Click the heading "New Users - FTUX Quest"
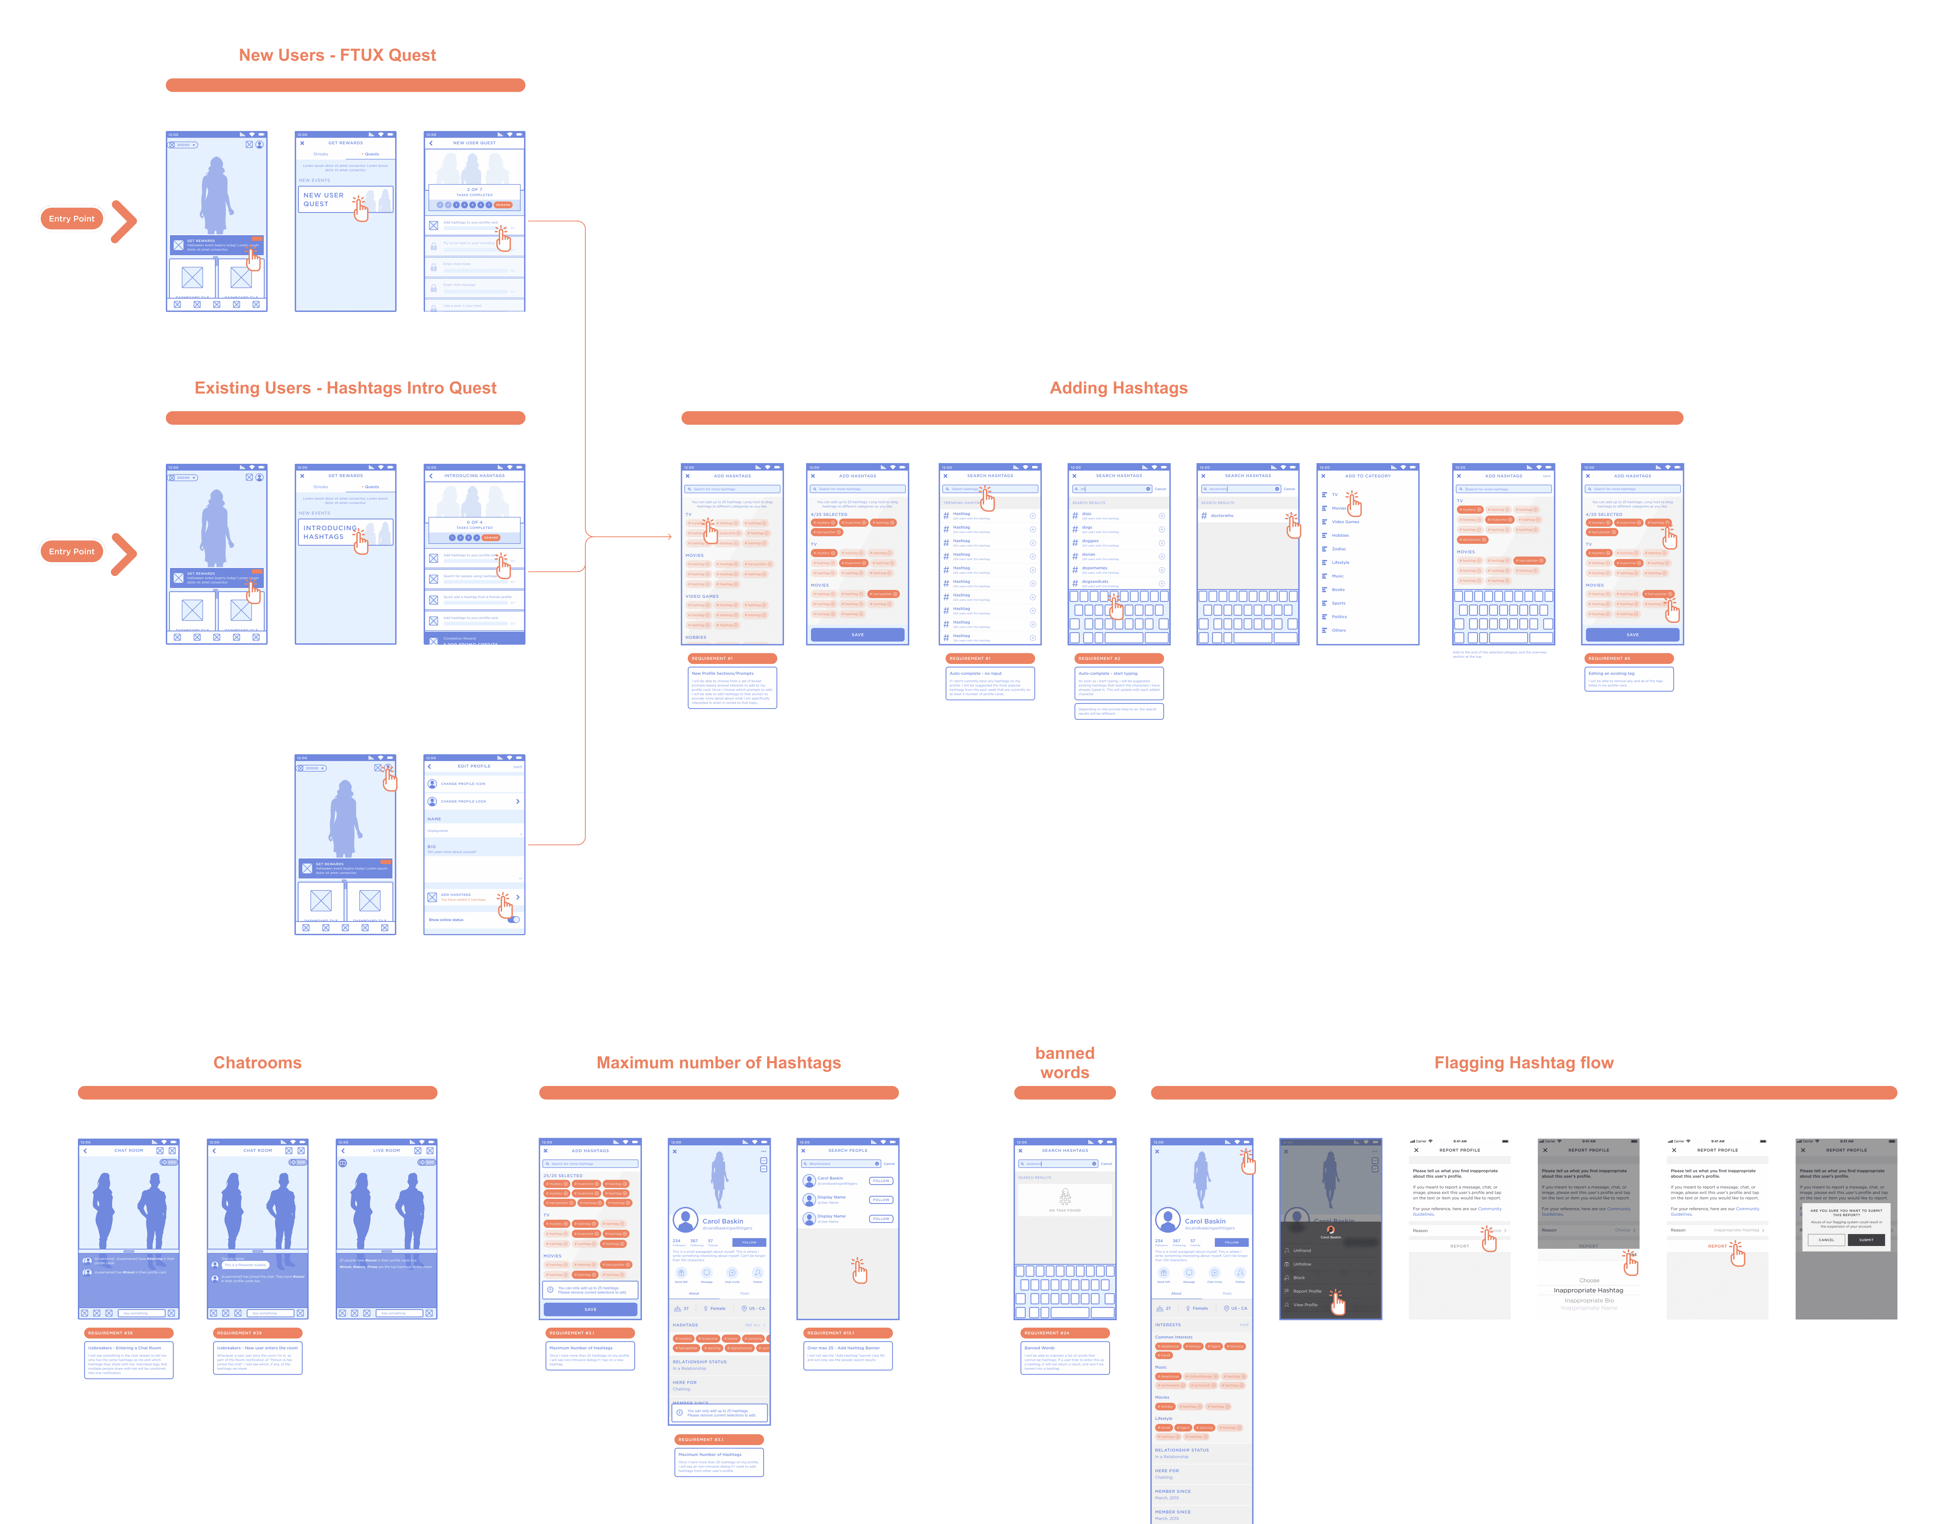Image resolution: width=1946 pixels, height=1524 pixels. [x=337, y=55]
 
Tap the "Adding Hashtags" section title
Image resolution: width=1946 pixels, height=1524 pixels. [x=1118, y=388]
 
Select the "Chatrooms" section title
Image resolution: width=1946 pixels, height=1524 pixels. [x=257, y=1063]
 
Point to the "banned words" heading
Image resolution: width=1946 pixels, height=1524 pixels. [x=1065, y=1063]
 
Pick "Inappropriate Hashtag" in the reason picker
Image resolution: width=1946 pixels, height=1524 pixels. [x=1588, y=1290]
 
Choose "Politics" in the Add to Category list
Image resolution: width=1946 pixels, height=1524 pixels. [x=1339, y=616]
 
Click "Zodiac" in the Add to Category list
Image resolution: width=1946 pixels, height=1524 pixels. [x=1339, y=549]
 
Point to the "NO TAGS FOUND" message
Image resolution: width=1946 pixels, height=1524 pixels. [x=1065, y=1210]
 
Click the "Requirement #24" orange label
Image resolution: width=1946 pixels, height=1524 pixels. [x=1065, y=1333]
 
